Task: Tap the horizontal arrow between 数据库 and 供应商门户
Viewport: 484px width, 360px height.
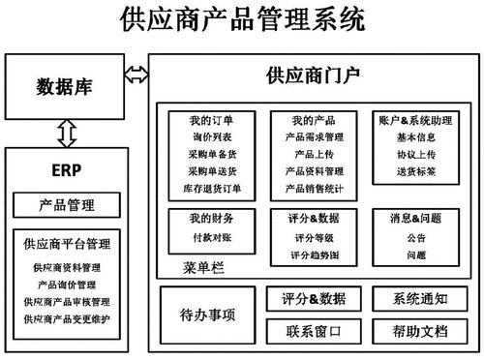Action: coord(136,73)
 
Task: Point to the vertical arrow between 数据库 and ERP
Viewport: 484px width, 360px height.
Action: coord(67,133)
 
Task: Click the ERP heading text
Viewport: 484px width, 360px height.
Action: coord(65,172)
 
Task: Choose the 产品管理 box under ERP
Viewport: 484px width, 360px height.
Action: coord(66,204)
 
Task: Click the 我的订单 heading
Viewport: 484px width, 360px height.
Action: coord(211,121)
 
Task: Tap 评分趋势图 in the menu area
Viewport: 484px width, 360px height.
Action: coord(313,254)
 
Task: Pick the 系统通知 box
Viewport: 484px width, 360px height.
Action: coord(419,298)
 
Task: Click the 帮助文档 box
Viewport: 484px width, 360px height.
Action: coord(419,331)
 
